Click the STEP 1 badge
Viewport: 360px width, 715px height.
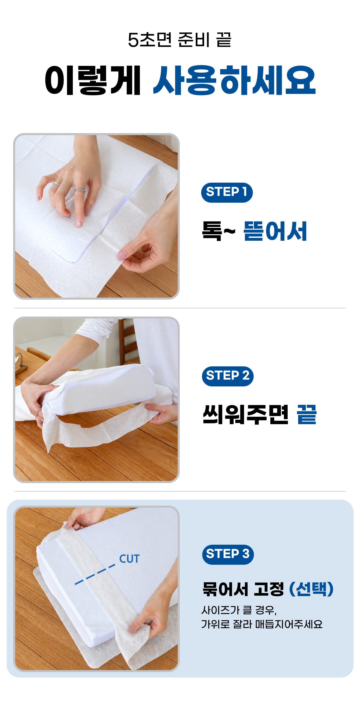point(227,192)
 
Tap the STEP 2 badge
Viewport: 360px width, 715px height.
point(228,376)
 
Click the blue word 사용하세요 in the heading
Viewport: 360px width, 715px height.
point(235,80)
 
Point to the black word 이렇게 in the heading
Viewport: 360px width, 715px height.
point(93,80)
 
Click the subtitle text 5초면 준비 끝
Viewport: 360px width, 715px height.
point(179,40)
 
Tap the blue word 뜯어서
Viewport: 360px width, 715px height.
point(275,231)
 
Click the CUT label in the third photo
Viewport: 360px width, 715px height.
point(129,558)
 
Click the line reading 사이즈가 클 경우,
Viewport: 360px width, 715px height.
point(239,610)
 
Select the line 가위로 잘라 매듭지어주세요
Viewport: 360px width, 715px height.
point(262,624)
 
